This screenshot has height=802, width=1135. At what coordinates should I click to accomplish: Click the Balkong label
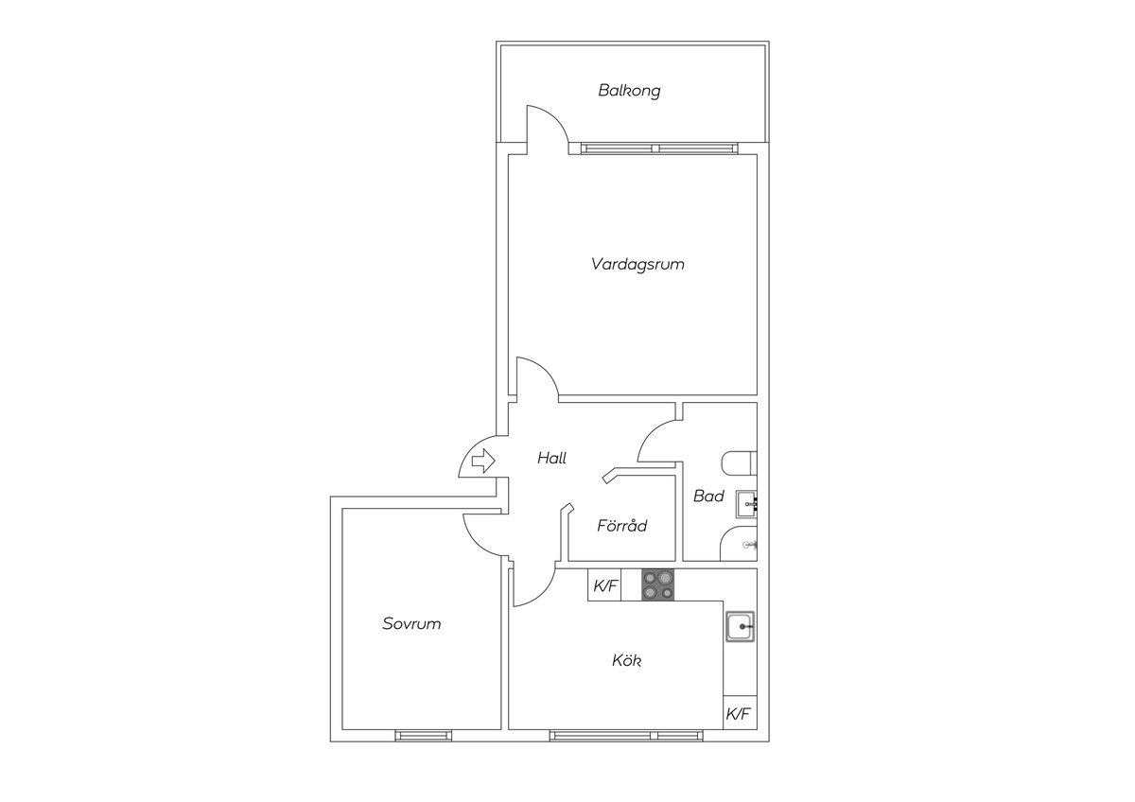[x=629, y=91]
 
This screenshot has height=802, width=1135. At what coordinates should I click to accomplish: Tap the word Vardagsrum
[x=637, y=264]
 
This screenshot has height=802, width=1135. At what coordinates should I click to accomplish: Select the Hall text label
[x=551, y=458]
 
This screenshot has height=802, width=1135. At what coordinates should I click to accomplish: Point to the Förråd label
[x=621, y=525]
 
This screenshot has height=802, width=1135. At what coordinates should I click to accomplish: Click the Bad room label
[x=708, y=496]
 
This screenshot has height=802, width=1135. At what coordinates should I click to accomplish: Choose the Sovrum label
[x=411, y=623]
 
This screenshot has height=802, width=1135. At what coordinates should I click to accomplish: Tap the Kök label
[x=627, y=659]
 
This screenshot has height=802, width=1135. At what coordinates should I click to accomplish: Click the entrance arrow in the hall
[x=483, y=461]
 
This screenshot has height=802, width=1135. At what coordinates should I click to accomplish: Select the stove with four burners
[x=657, y=585]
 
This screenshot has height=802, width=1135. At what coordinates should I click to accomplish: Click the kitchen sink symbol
[x=740, y=627]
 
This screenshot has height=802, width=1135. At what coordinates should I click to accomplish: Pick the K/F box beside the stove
[x=604, y=585]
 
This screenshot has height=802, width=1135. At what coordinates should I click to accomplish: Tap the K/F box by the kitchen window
[x=740, y=712]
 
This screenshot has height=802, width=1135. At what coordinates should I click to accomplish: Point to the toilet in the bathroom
[x=739, y=463]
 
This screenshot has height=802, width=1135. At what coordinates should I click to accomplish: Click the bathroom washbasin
[x=746, y=504]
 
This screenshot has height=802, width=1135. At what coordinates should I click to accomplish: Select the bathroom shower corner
[x=739, y=544]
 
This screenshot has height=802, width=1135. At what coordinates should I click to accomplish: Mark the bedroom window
[x=423, y=736]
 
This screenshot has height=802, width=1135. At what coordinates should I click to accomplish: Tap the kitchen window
[x=626, y=736]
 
